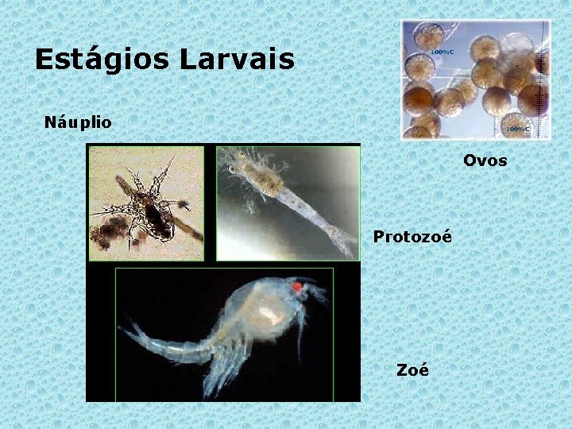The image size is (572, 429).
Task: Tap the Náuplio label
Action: [x=78, y=122]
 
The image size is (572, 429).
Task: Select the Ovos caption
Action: [x=485, y=160]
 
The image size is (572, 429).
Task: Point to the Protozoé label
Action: [x=412, y=237]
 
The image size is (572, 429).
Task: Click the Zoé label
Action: [x=412, y=369]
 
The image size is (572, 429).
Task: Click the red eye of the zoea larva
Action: [x=298, y=287]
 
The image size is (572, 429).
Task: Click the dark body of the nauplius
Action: [x=156, y=218]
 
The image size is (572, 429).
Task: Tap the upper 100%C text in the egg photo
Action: [x=442, y=52]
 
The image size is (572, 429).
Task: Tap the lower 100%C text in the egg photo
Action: [x=516, y=127]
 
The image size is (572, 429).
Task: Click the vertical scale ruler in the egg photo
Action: [x=543, y=79]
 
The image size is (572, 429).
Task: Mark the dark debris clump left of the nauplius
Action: [x=108, y=234]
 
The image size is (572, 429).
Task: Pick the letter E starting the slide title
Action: [x=44, y=59]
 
